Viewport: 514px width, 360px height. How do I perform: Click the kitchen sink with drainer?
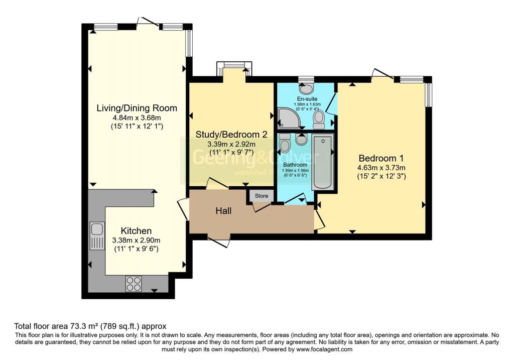(96, 236)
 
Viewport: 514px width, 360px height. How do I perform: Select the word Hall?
(223, 211)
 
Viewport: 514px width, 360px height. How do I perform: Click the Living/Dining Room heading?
(137, 108)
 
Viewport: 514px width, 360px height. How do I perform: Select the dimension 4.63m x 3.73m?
(381, 167)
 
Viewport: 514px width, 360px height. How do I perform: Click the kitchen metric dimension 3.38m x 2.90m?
(136, 239)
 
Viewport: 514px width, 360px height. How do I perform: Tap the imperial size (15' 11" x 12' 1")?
(137, 127)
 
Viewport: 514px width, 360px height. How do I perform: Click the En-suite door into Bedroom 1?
(330, 104)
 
